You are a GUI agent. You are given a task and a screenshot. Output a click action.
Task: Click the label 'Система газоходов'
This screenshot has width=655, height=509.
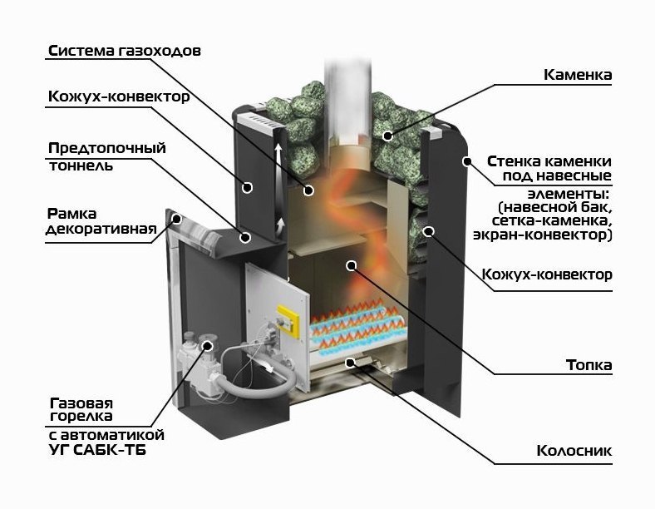(124, 51)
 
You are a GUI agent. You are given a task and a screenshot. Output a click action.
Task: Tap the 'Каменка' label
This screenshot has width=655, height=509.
(578, 75)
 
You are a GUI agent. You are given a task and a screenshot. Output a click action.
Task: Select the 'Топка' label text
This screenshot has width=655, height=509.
(589, 365)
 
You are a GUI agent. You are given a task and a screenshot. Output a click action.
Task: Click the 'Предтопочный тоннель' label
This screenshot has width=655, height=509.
(106, 156)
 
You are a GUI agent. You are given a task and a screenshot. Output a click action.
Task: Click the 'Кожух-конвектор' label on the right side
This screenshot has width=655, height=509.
(549, 274)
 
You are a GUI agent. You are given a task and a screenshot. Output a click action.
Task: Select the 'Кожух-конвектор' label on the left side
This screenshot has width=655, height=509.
(119, 97)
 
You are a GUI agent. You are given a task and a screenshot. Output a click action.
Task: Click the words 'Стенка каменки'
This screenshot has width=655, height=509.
(549, 161)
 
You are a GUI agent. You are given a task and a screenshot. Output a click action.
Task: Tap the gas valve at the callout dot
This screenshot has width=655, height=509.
(205, 348)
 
